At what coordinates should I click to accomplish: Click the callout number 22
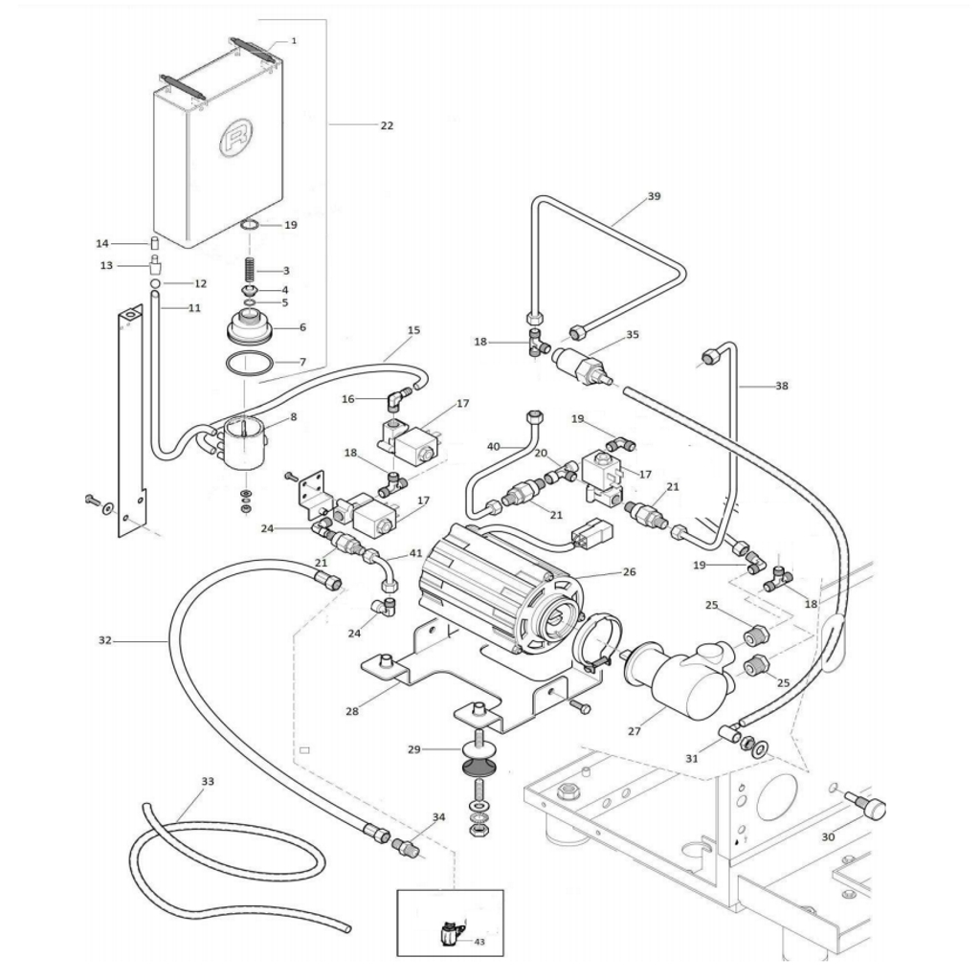coord(387,125)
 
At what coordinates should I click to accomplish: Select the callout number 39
coord(654,196)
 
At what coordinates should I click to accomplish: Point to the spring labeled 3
coord(250,271)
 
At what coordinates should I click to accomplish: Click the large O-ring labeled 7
coord(250,363)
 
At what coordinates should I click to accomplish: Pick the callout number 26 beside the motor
coord(630,572)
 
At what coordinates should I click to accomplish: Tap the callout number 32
coord(105,640)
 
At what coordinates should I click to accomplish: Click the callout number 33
coord(208,781)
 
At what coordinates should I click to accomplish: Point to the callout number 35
coord(633,334)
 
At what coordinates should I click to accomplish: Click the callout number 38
coord(782,386)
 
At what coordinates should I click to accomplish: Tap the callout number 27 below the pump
coord(635,731)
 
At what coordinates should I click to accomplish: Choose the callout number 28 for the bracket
coord(352,711)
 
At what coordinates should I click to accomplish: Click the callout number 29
coord(414,749)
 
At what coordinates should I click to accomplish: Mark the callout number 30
coord(828,836)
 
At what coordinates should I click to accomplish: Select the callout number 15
coord(413,330)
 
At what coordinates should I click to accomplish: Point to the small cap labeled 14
coord(154,243)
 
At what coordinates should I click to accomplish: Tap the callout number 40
coord(494,447)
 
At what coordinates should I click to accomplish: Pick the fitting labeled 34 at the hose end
coord(406,848)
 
